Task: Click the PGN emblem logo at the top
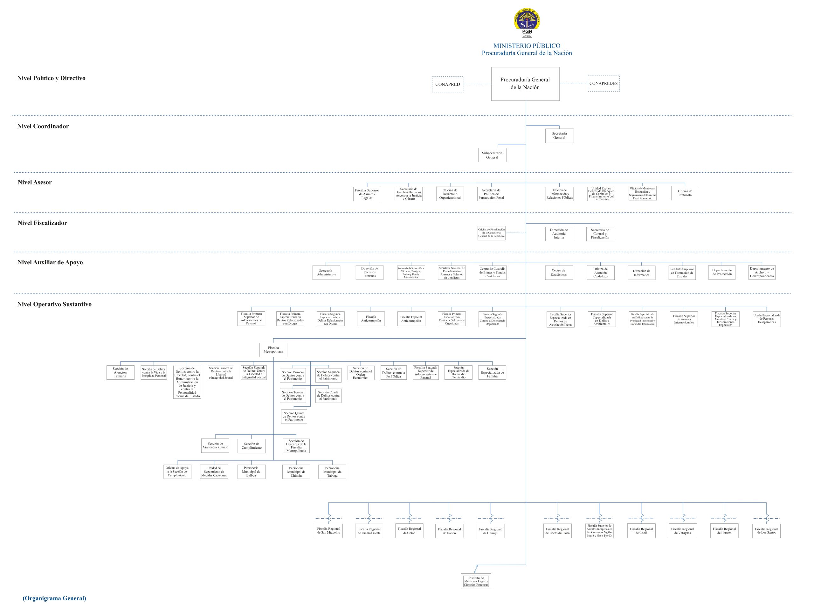[527, 23]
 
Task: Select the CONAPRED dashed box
[447, 84]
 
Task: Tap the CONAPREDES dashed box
[604, 84]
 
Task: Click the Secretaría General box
[559, 136]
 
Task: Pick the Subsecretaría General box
[492, 155]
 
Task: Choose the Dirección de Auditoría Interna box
[559, 234]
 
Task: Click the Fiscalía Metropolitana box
[273, 350]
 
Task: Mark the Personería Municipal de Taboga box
[332, 472]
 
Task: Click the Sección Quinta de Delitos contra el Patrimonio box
[294, 417]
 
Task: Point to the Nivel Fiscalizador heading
[42, 223]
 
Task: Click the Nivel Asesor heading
[35, 183]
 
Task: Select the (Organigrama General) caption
[54, 598]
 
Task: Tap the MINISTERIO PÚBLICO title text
[527, 46]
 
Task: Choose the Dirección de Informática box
[641, 273]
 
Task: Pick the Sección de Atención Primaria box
[120, 372]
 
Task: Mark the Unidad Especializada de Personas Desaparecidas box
[767, 319]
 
